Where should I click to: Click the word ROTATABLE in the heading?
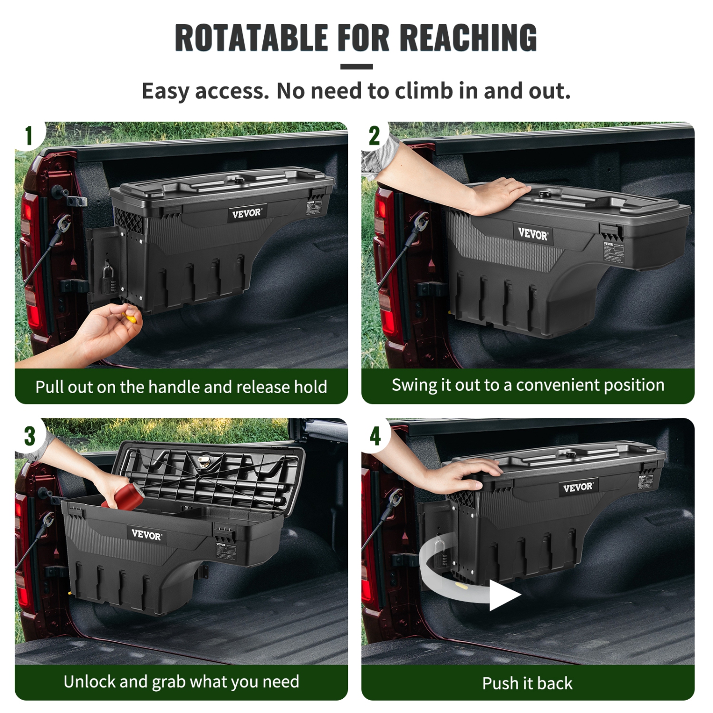(x=251, y=38)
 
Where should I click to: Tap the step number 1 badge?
(x=29, y=136)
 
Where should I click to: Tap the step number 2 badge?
(x=375, y=136)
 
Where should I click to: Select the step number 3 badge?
(x=29, y=436)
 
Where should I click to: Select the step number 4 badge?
(x=375, y=436)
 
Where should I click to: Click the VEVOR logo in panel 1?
(x=246, y=213)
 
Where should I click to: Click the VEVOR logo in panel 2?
(x=533, y=234)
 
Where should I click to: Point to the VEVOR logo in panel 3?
(x=146, y=535)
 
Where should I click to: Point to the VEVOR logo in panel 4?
(x=578, y=487)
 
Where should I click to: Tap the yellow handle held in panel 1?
(x=130, y=317)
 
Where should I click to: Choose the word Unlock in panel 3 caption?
(x=89, y=682)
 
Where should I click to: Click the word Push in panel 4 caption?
(x=500, y=683)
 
